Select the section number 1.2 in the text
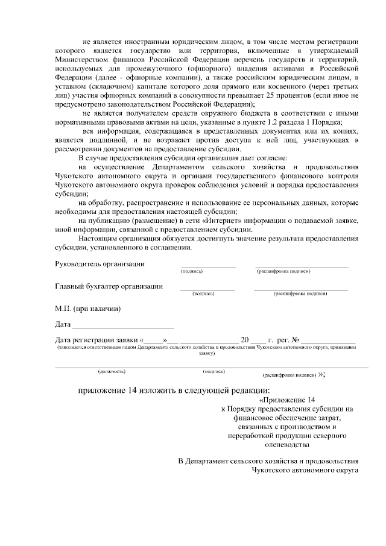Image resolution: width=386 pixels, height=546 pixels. pyautogui.click(x=239, y=122)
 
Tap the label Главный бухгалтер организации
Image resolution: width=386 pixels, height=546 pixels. pyautogui.click(x=109, y=286)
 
